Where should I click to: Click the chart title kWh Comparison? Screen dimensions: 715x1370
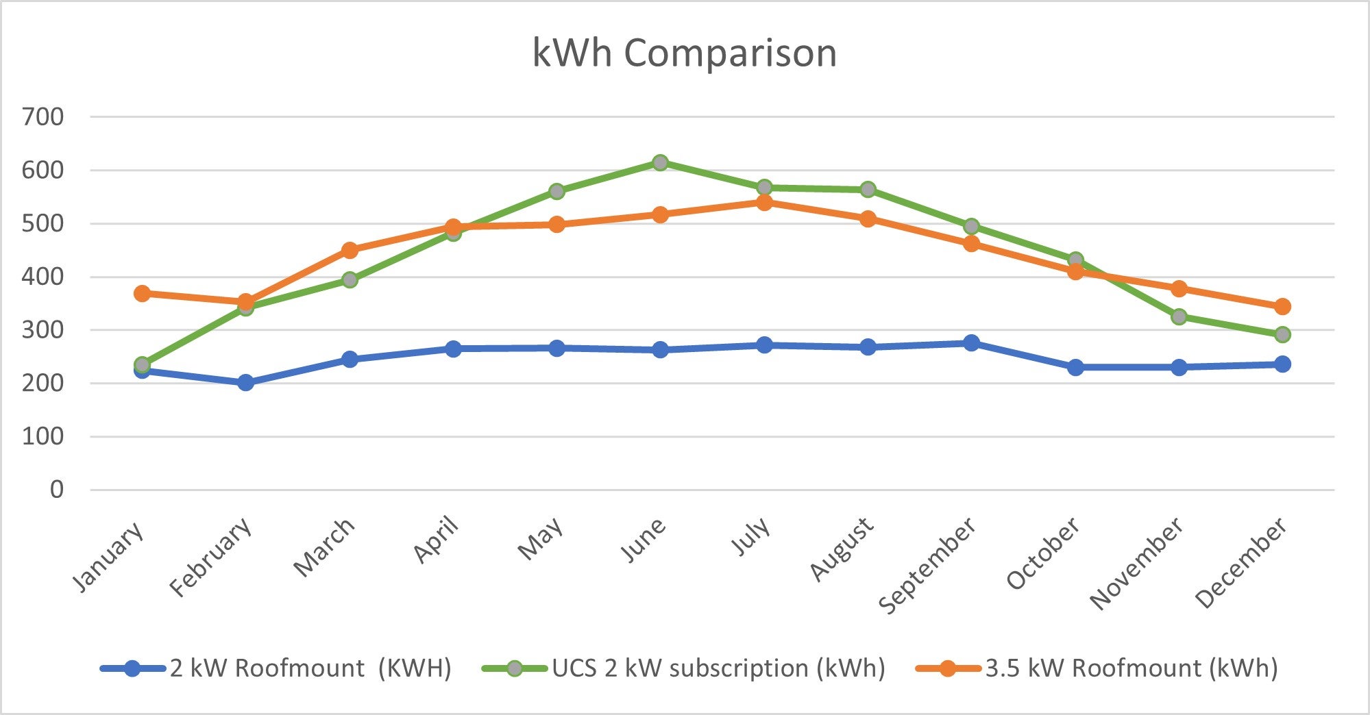(x=685, y=53)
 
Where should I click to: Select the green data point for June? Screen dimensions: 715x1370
(x=660, y=162)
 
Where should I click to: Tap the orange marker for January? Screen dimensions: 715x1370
(x=142, y=293)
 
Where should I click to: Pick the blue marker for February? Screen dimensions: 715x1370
(x=245, y=382)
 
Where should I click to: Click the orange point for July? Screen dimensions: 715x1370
(x=764, y=202)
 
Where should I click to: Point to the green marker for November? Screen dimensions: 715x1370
(x=1179, y=316)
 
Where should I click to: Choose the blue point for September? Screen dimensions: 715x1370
(x=971, y=342)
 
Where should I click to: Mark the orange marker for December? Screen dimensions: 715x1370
(x=1282, y=306)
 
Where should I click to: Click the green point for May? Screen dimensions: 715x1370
(x=556, y=191)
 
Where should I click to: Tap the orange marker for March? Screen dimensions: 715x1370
(x=350, y=250)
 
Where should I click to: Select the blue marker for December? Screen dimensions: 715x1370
(x=1282, y=364)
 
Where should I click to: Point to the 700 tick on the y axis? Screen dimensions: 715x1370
(x=42, y=117)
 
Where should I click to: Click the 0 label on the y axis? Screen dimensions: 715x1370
(x=56, y=490)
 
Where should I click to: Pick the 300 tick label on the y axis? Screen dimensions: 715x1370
(x=42, y=330)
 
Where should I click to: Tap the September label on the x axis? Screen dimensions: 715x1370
(x=927, y=566)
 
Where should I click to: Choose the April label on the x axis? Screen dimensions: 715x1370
(x=436, y=540)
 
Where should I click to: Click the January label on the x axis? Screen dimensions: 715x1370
(x=108, y=556)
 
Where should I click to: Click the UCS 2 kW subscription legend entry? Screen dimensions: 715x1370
(x=684, y=668)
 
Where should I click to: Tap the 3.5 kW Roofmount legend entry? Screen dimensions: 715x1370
(x=1097, y=668)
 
